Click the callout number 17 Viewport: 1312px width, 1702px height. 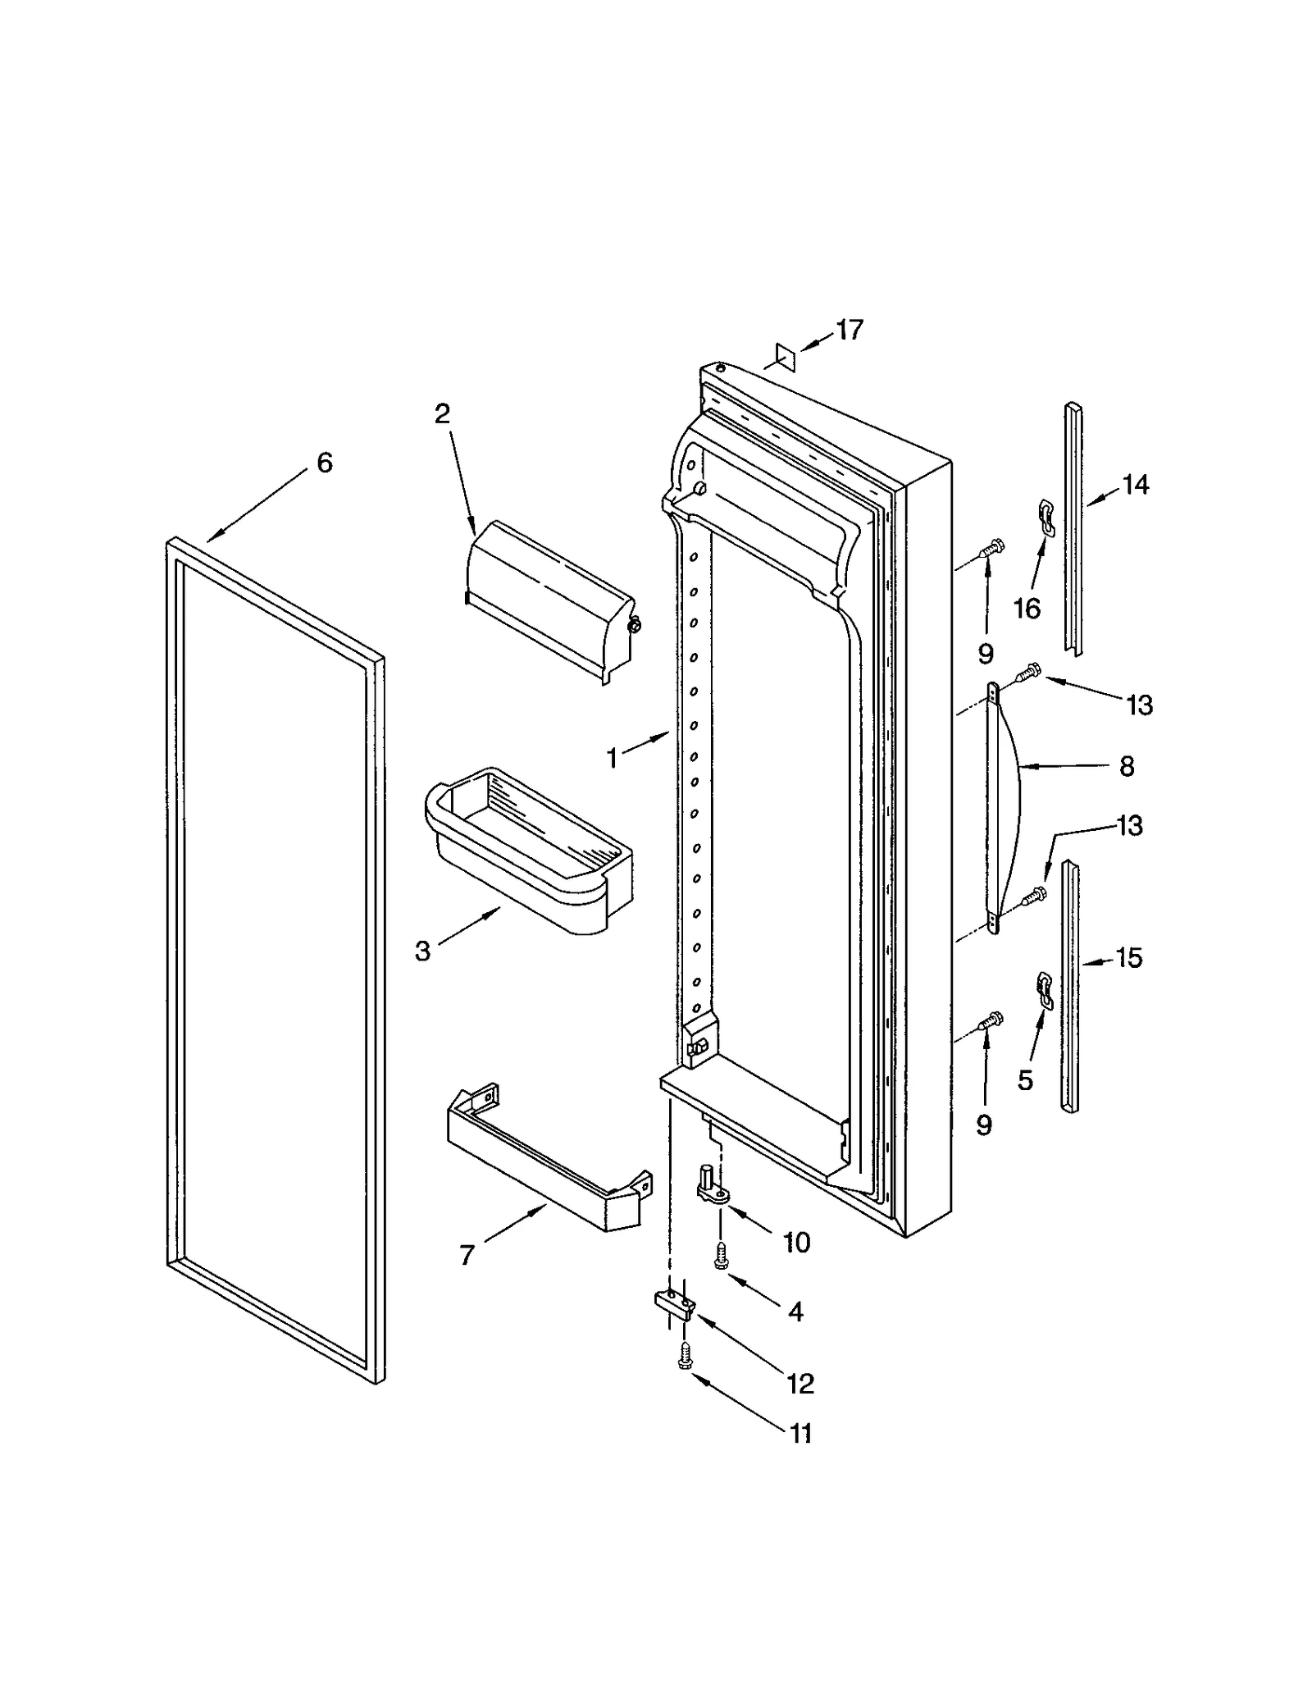(849, 330)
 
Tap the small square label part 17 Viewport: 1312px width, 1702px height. (785, 358)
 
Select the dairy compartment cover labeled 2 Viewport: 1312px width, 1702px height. (549, 600)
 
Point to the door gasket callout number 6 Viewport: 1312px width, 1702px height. (325, 463)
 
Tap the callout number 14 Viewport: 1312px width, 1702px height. (1135, 486)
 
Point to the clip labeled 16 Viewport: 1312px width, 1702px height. (1045, 518)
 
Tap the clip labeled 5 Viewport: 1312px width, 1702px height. (1044, 989)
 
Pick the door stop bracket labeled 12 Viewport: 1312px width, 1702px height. (675, 1304)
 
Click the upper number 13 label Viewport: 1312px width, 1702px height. (1140, 705)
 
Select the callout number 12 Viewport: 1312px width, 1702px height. (800, 1384)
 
